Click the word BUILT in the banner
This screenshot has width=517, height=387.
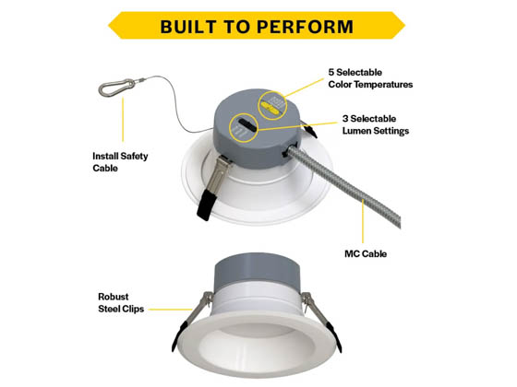tap(190, 26)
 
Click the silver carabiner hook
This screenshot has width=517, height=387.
tap(114, 89)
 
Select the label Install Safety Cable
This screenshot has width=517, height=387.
tap(120, 162)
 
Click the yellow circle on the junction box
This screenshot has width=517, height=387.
tap(275, 103)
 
